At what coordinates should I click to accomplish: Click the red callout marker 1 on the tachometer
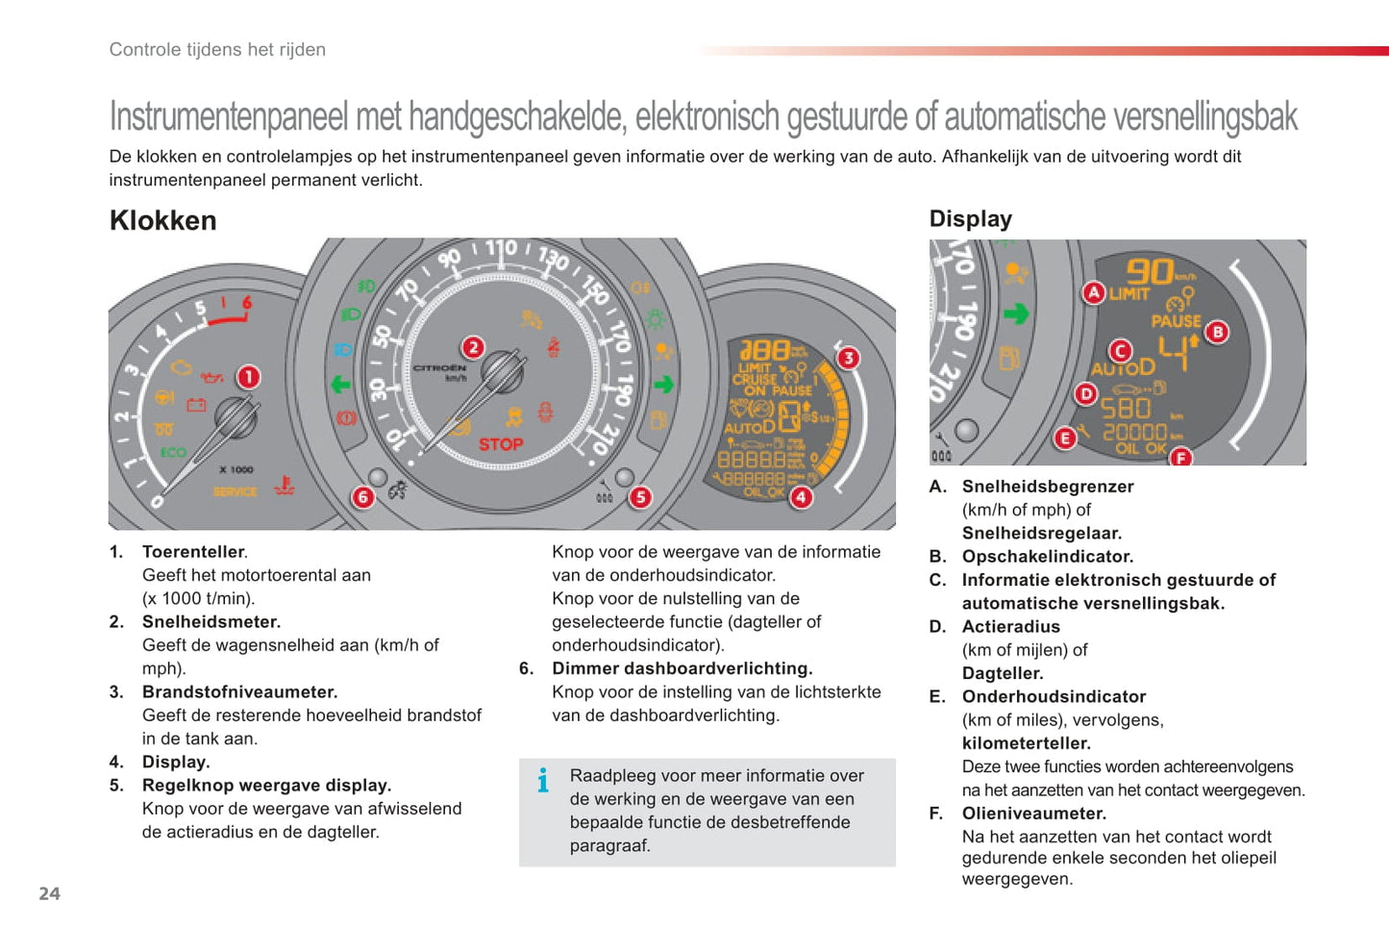[x=248, y=377]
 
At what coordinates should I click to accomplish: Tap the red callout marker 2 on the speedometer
[x=472, y=347]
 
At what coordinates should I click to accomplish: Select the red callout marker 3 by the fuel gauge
[x=847, y=358]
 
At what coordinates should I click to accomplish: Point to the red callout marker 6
[x=362, y=496]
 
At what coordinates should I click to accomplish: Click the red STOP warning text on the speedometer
[x=501, y=444]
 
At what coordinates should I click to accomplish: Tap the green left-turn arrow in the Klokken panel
[x=340, y=385]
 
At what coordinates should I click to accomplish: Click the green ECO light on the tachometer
[x=173, y=452]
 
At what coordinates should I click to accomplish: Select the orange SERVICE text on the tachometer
[x=235, y=491]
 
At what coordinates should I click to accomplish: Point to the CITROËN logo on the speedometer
[x=440, y=368]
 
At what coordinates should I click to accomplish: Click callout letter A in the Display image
[x=1093, y=292]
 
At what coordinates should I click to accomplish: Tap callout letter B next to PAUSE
[x=1217, y=333]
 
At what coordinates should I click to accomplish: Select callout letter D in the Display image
[x=1086, y=393]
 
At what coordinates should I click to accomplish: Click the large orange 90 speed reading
[x=1150, y=271]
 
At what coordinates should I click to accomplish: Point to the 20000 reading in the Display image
[x=1134, y=432]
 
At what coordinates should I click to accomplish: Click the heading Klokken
[x=163, y=220]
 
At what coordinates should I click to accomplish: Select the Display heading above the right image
[x=970, y=219]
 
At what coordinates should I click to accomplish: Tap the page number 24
[x=49, y=893]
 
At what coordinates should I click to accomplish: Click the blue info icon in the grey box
[x=543, y=780]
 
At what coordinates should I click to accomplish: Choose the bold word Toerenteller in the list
[x=193, y=552]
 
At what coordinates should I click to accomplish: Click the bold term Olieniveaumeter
[x=1033, y=814]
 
